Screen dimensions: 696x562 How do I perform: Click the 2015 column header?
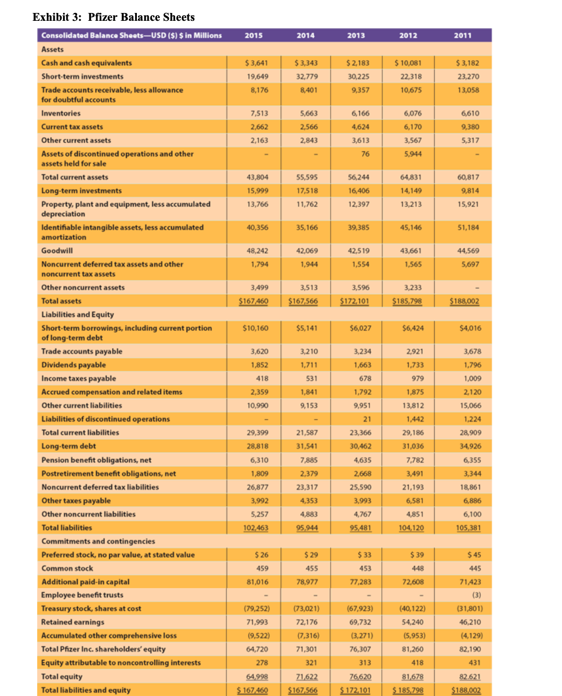[253, 35]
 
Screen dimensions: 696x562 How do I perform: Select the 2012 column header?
[408, 35]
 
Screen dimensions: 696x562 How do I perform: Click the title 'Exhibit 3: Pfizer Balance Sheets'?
[114, 17]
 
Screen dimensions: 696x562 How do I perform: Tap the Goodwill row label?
[57, 250]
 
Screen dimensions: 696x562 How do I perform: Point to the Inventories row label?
[61, 113]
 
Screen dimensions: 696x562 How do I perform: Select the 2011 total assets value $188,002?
[464, 301]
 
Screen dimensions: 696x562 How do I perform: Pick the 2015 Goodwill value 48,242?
[257, 250]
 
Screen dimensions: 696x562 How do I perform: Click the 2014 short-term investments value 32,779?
[306, 77]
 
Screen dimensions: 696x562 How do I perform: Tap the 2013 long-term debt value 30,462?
[360, 446]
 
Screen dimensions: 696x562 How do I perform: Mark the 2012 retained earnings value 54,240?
[412, 622]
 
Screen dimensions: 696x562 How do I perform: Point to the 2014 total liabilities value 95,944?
[306, 528]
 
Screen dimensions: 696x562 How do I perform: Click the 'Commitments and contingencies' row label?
[98, 541]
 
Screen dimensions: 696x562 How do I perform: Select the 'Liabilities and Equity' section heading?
[77, 315]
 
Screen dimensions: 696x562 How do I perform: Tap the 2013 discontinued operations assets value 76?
[365, 154]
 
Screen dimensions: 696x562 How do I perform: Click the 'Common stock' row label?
[67, 568]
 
